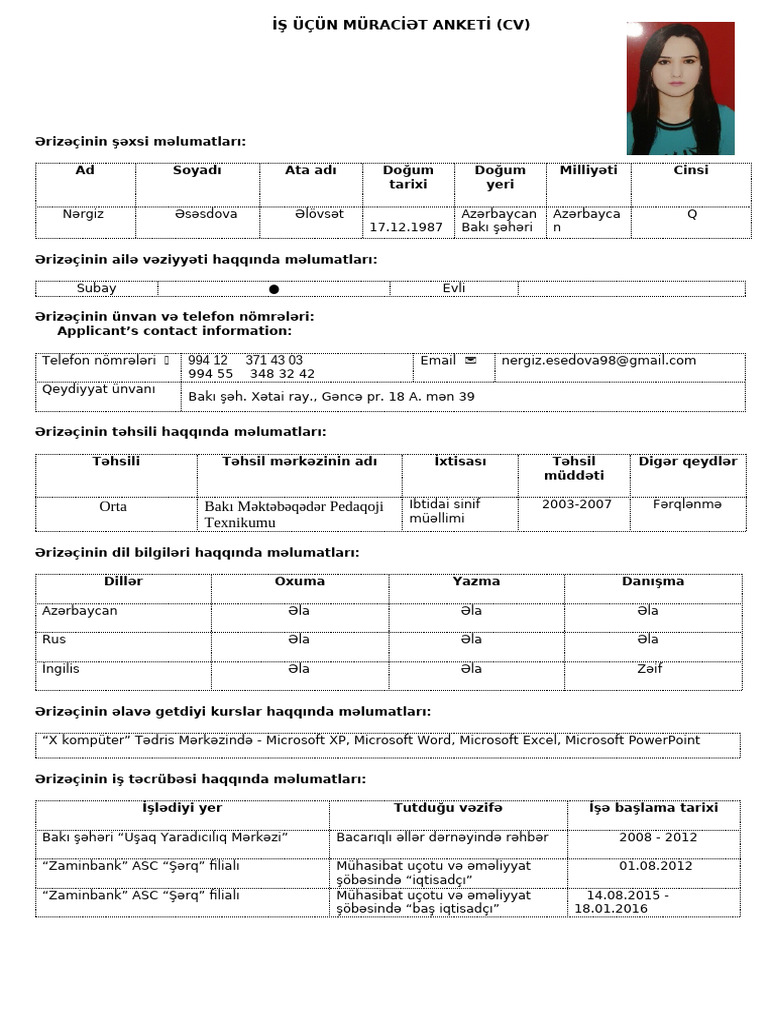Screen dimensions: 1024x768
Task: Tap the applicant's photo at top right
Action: click(x=680, y=88)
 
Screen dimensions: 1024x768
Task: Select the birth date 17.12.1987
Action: click(x=406, y=227)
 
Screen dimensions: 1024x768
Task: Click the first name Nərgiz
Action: click(x=83, y=214)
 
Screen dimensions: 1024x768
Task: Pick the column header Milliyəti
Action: click(x=588, y=170)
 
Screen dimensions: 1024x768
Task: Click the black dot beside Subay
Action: click(x=274, y=289)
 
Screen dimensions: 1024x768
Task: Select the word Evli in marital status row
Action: click(x=454, y=288)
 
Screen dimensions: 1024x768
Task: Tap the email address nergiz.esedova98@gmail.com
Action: click(x=599, y=360)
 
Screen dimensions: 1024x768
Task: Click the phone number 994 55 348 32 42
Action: click(x=251, y=373)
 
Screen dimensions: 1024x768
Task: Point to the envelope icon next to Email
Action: click(x=471, y=360)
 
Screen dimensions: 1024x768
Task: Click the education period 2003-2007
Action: click(x=576, y=504)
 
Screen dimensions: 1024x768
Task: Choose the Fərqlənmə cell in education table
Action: click(x=687, y=504)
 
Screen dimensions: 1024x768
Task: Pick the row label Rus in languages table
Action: click(x=52, y=639)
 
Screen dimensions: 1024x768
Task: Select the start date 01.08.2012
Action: click(x=655, y=866)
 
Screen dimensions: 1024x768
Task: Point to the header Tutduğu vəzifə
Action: click(x=448, y=808)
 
